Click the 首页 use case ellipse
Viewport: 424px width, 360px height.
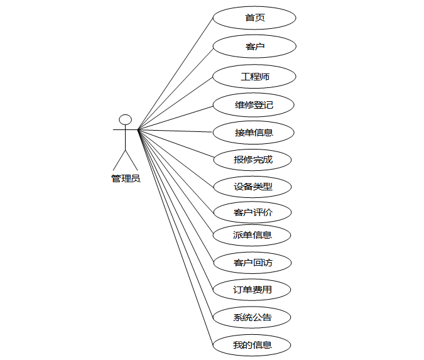pyautogui.click(x=254, y=18)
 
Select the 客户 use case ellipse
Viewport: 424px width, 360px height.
pyautogui.click(x=254, y=46)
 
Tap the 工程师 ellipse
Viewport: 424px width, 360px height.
pyautogui.click(x=254, y=77)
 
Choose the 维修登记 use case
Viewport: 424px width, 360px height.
pyautogui.click(x=254, y=105)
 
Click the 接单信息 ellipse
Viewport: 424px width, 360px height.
pyautogui.click(x=254, y=133)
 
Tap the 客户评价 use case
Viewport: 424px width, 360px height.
pyautogui.click(x=253, y=212)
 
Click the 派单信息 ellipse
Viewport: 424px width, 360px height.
pyautogui.click(x=253, y=235)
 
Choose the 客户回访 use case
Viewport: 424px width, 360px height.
pyautogui.click(x=253, y=263)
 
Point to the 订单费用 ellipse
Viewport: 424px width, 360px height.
pyautogui.click(x=253, y=290)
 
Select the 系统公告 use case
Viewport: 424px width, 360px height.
pyautogui.click(x=253, y=317)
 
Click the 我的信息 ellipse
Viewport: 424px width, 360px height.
pyautogui.click(x=253, y=345)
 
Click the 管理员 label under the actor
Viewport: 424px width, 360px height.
pyautogui.click(x=126, y=178)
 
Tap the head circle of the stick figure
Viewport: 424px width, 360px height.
pyautogui.click(x=126, y=119)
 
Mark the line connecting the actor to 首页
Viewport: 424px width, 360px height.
pyautogui.click(x=176, y=74)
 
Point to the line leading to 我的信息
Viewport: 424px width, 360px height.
pyautogui.click(x=176, y=236)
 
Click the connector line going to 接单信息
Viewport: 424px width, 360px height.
pyautogui.click(x=176, y=131)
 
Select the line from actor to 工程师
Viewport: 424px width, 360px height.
pyautogui.click(x=176, y=103)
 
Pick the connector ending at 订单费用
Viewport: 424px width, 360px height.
pyautogui.click(x=176, y=209)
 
